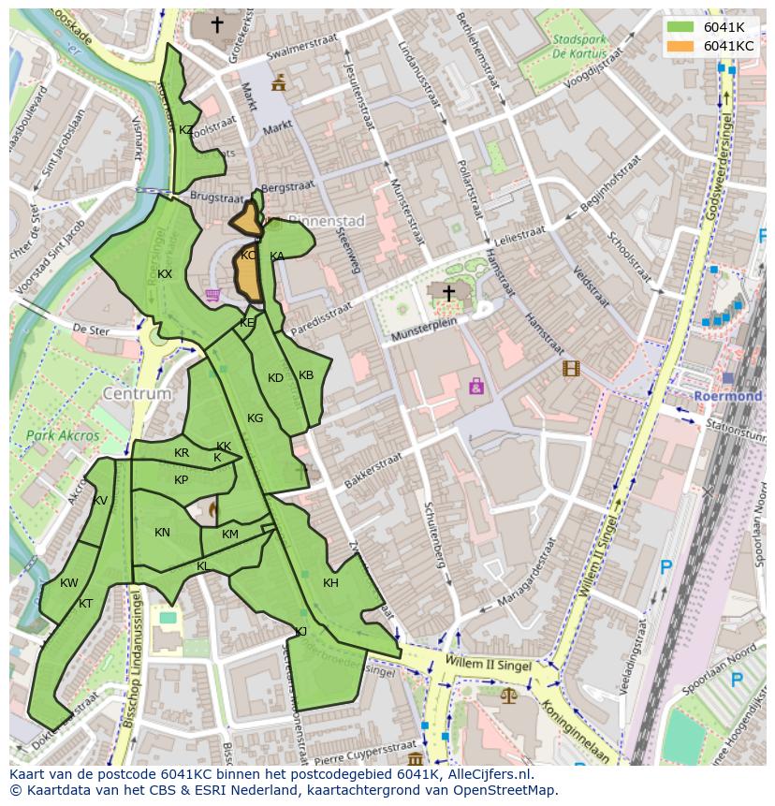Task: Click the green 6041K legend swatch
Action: pos(680,27)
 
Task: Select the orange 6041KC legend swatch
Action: pos(680,46)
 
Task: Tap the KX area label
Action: pos(165,274)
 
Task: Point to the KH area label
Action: pos(330,583)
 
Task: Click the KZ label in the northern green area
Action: pos(186,130)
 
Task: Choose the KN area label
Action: pos(162,533)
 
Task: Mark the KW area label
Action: pos(69,583)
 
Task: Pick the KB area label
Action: pos(306,375)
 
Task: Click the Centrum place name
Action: pos(138,394)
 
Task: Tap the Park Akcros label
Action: pos(63,435)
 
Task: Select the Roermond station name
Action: pos(728,396)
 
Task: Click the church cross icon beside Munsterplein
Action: pos(448,294)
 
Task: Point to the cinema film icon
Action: pos(571,368)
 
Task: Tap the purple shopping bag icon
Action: pos(476,385)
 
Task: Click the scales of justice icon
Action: pos(508,696)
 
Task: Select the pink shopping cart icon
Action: pos(213,296)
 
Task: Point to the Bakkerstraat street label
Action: pos(372,471)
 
